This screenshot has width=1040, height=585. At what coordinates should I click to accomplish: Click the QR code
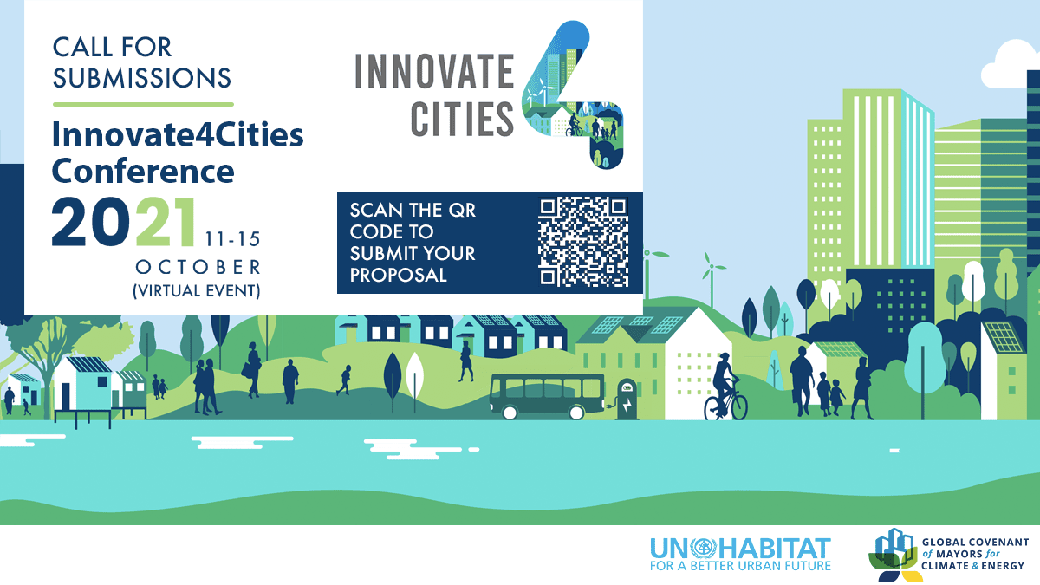pyautogui.click(x=583, y=242)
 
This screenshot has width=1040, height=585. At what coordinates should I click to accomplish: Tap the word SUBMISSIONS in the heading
pyautogui.click(x=141, y=77)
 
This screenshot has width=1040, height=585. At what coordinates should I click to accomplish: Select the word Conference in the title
pyautogui.click(x=143, y=171)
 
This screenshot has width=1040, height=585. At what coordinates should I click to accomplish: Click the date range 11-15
pyautogui.click(x=232, y=239)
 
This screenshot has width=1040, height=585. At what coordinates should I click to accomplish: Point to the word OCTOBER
pyautogui.click(x=198, y=268)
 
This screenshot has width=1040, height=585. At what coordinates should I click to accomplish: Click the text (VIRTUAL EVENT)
pyautogui.click(x=197, y=291)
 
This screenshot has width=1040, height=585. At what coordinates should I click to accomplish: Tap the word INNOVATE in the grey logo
pyautogui.click(x=434, y=71)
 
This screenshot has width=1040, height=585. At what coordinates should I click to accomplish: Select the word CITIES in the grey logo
pyautogui.click(x=462, y=120)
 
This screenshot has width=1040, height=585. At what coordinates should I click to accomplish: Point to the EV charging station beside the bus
pyautogui.click(x=627, y=400)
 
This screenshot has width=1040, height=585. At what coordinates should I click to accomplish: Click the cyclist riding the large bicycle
pyautogui.click(x=725, y=387)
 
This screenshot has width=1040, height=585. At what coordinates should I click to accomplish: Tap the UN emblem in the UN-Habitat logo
pyautogui.click(x=704, y=549)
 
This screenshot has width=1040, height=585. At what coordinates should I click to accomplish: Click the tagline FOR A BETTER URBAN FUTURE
pyautogui.click(x=740, y=566)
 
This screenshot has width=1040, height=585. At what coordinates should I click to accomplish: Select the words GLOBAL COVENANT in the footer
pyautogui.click(x=975, y=543)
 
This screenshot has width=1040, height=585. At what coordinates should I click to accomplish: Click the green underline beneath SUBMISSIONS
pyautogui.click(x=143, y=105)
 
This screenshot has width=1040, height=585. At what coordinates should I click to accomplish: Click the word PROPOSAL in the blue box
pyautogui.click(x=398, y=276)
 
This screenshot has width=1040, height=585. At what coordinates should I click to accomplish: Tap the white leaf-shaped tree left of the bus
pyautogui.click(x=414, y=376)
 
